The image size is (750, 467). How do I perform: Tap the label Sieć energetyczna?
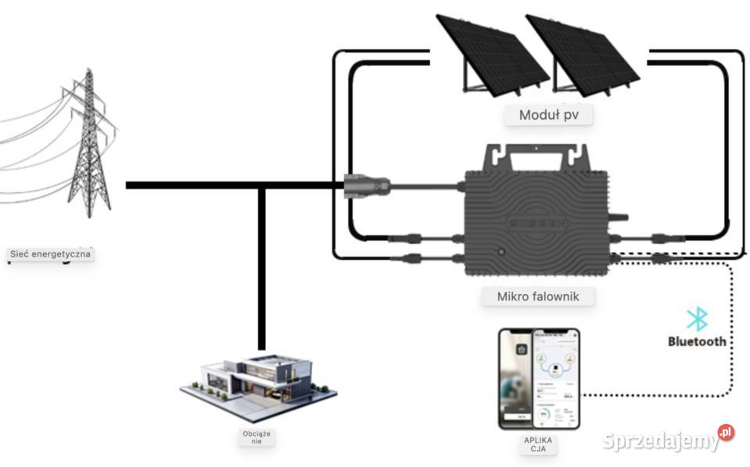click(x=50, y=254)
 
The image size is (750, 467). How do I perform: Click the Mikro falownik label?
click(x=535, y=296)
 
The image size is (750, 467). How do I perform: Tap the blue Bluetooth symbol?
click(x=697, y=319)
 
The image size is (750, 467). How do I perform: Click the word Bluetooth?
click(x=697, y=341)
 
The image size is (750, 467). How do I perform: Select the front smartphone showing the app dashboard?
click(x=555, y=379)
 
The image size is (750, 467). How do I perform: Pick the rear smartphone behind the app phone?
click(x=515, y=379)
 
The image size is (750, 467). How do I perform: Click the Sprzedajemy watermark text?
click(x=661, y=440)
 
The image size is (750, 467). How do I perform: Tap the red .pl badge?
click(x=727, y=432)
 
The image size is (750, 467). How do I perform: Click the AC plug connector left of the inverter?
click(x=366, y=186)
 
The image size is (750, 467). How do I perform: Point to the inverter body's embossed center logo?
click(x=535, y=221)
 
